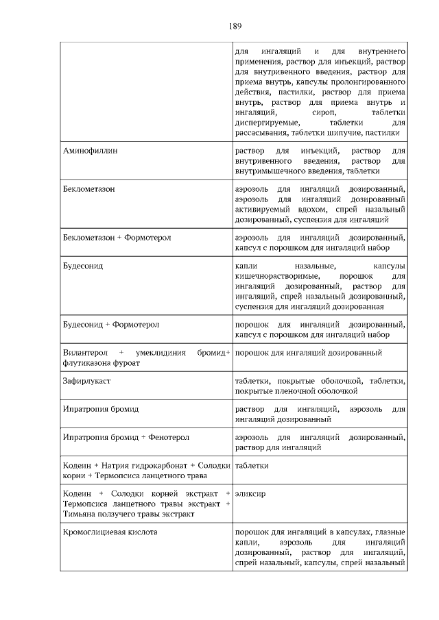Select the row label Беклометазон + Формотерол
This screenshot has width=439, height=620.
point(117,237)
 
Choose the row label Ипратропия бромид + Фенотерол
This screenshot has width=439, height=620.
point(126,436)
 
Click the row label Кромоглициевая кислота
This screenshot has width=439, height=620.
point(110,532)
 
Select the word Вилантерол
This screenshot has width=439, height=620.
point(84,353)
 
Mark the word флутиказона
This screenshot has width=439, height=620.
point(88,363)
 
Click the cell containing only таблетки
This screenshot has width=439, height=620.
point(251,466)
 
